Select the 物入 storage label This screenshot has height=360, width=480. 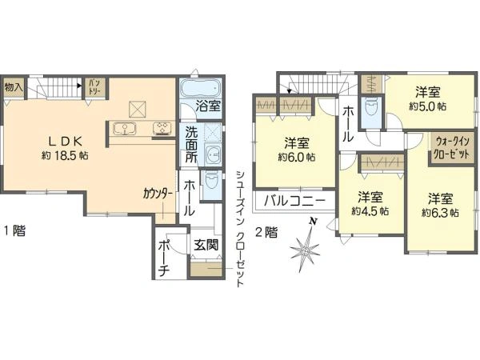pyautogui.click(x=13, y=86)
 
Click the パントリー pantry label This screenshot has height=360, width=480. pyautogui.click(x=94, y=86)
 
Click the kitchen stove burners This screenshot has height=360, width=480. pyautogui.click(x=161, y=127)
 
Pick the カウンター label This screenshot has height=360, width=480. pyautogui.click(x=157, y=194)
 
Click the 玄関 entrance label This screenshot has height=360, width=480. pyautogui.click(x=203, y=246)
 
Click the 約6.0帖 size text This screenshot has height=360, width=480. pyautogui.click(x=296, y=158)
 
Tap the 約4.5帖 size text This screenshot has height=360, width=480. pyautogui.click(x=371, y=211)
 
